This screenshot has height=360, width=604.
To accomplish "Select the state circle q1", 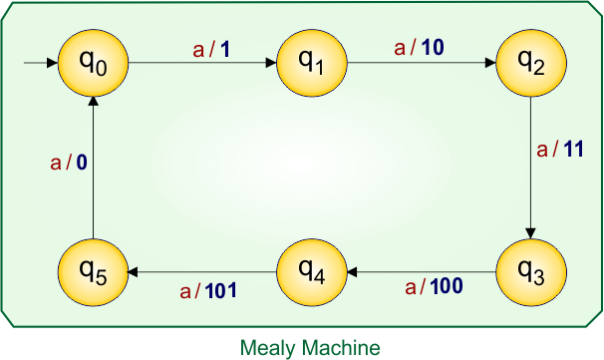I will click(312, 63).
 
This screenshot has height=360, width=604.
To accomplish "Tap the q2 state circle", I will click(530, 63).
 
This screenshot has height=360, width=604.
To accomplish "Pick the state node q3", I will click(530, 271).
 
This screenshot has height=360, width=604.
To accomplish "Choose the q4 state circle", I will click(312, 271).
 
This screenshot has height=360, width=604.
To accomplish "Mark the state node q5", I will click(93, 271).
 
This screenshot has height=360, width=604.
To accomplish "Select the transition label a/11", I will click(559, 152).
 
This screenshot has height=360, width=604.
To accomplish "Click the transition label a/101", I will click(207, 291).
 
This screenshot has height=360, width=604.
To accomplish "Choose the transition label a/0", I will click(68, 162).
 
